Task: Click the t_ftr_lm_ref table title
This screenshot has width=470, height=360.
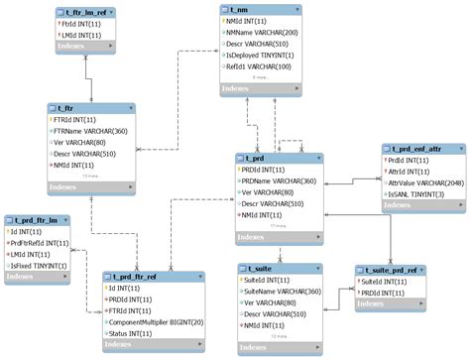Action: [x=83, y=12]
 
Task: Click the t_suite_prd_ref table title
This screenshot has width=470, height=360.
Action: [x=395, y=270]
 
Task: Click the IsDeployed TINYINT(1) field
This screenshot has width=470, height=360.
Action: [x=264, y=56]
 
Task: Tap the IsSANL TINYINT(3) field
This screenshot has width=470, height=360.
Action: [x=419, y=193]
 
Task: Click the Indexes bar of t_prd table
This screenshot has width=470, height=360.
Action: [x=279, y=238]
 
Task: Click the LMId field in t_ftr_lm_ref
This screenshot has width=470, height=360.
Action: [x=81, y=34]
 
